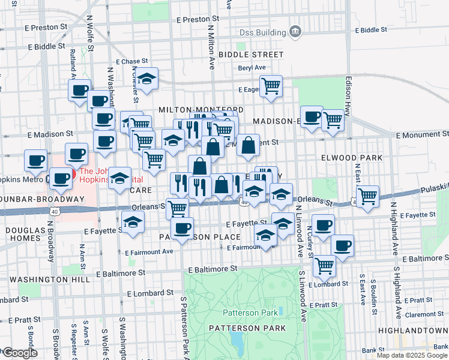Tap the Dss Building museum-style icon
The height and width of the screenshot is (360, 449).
click(x=295, y=31)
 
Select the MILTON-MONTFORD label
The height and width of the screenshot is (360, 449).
click(x=201, y=110)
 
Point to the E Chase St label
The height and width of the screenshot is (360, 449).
click(x=131, y=62)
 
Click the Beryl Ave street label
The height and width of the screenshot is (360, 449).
click(x=251, y=68)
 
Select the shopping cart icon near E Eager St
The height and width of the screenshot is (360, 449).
click(x=271, y=85)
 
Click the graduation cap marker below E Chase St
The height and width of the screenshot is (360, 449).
click(x=146, y=79)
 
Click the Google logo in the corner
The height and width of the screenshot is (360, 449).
click(x=20, y=353)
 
